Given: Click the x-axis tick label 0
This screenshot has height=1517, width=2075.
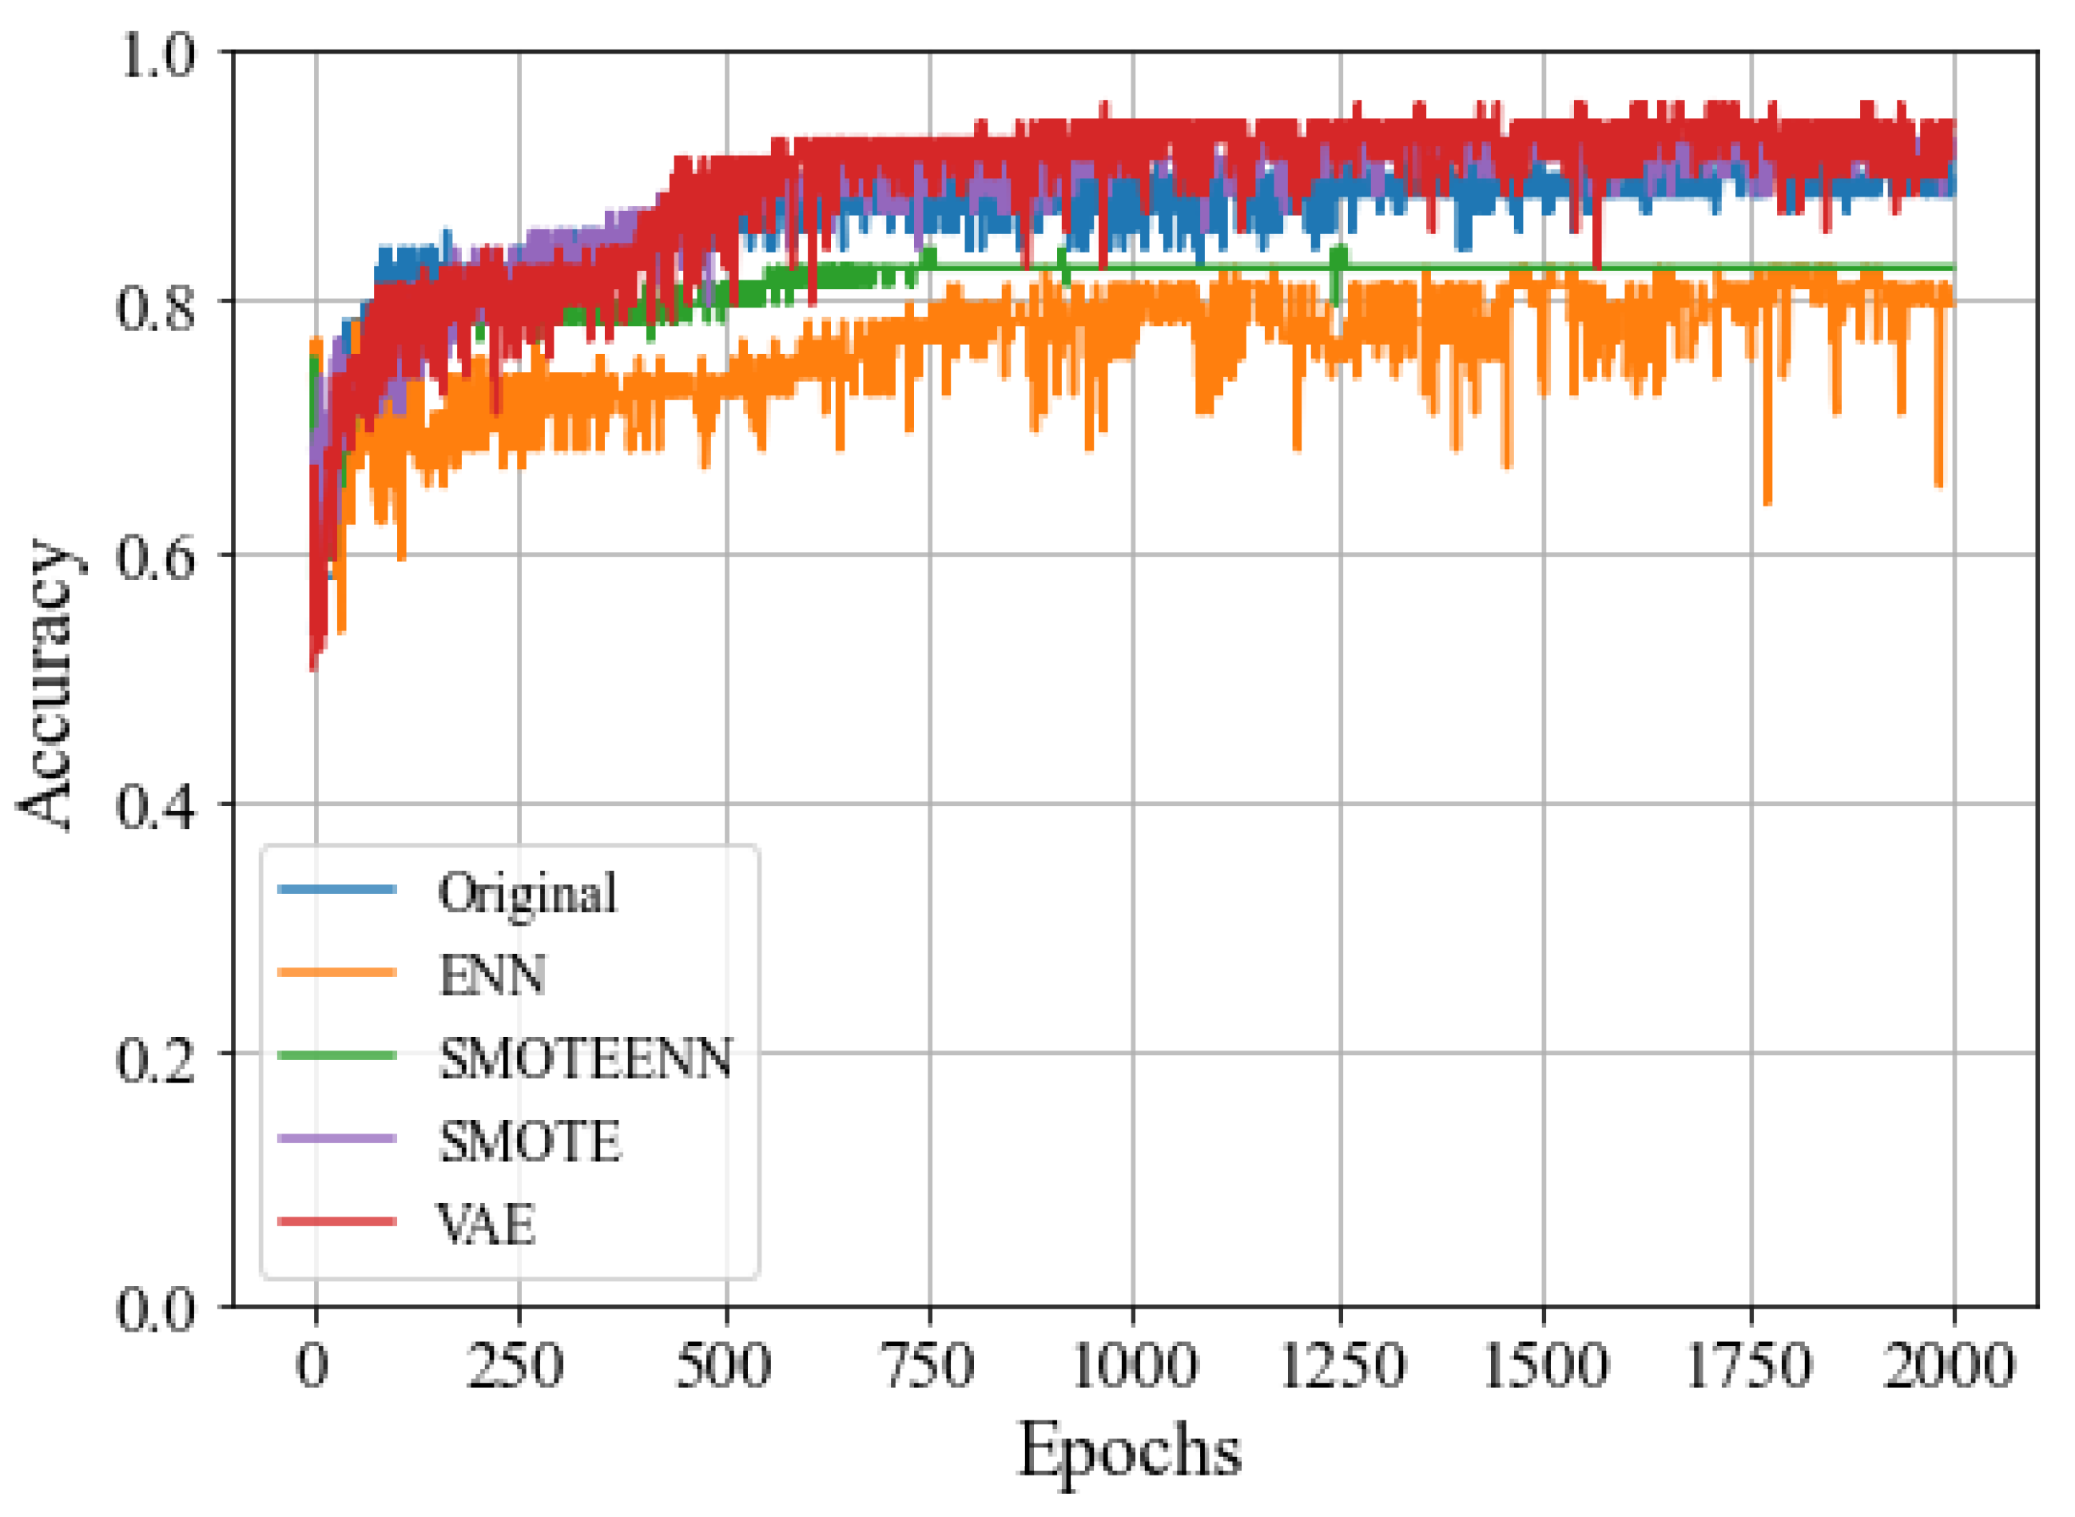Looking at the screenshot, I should tap(313, 1365).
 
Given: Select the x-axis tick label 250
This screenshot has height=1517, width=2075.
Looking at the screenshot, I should tap(516, 1365).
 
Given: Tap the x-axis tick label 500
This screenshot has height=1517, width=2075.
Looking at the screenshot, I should tap(724, 1365).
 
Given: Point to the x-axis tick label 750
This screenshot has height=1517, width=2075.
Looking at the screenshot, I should tap(928, 1365).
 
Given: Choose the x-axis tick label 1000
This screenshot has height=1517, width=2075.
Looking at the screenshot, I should tap(1135, 1365).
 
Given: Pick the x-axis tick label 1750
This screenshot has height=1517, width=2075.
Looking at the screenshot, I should tap(1751, 1365).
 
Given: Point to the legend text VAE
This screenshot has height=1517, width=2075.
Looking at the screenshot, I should tap(487, 1224).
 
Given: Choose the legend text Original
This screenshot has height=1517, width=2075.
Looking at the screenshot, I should tap(528, 893).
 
